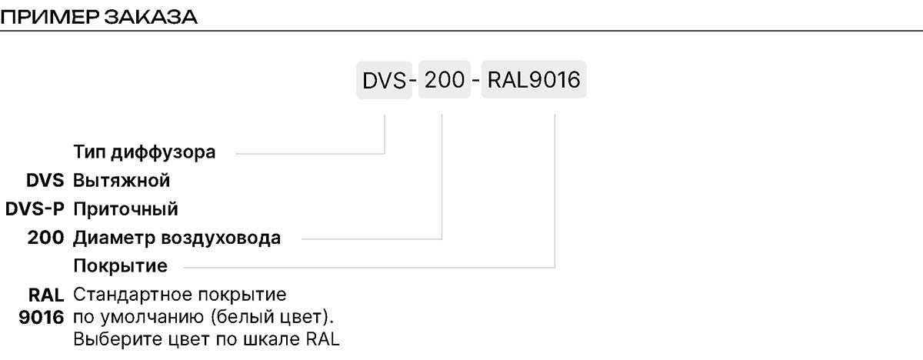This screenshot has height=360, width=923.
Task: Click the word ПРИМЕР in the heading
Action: tap(50, 17)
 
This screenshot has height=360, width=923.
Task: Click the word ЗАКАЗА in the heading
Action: tap(151, 17)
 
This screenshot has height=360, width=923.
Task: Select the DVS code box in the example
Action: tap(384, 80)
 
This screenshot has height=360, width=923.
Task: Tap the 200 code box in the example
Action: tap(445, 79)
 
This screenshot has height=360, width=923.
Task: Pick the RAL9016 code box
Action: tap(534, 79)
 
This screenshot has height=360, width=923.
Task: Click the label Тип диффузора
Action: tap(145, 153)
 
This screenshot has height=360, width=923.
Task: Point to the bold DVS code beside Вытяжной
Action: tap(45, 181)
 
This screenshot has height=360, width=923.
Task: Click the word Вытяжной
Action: tap(122, 181)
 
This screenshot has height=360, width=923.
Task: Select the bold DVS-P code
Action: tap(35, 209)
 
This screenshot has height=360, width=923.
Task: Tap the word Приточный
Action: tap(125, 210)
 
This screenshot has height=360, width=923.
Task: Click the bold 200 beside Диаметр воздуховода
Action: tap(45, 238)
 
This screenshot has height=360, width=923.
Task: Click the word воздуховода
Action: tap(221, 238)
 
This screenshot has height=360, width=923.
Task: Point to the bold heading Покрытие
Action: tap(120, 266)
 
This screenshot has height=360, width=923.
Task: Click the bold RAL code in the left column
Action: tap(46, 295)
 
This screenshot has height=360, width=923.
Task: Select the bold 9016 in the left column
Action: tap(42, 318)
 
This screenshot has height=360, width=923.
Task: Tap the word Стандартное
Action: tap(132, 295)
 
